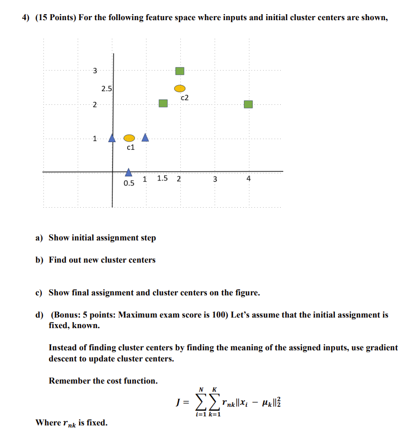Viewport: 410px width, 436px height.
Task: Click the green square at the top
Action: (180, 71)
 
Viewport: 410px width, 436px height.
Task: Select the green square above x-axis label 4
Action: (248, 104)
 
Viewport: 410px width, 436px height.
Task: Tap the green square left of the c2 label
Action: (163, 103)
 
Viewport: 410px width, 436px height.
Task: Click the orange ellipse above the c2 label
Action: (180, 88)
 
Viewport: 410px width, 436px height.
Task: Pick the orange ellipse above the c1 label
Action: (129, 138)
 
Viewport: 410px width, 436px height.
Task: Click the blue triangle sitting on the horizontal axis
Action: (129, 172)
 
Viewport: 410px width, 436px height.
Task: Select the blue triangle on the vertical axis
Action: (113, 138)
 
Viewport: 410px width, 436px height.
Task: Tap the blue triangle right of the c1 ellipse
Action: (145, 137)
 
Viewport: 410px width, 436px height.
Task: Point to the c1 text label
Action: (130, 148)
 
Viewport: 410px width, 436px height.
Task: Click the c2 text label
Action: (184, 97)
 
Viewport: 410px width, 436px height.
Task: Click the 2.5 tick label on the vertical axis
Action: (107, 89)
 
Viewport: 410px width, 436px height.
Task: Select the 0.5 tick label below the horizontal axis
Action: (129, 183)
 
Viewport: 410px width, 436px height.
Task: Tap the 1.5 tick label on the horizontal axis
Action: (163, 178)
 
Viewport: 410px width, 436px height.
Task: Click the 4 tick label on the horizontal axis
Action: (248, 178)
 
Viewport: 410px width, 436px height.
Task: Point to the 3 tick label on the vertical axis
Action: (94, 71)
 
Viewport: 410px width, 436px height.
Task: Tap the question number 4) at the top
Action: (25, 18)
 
